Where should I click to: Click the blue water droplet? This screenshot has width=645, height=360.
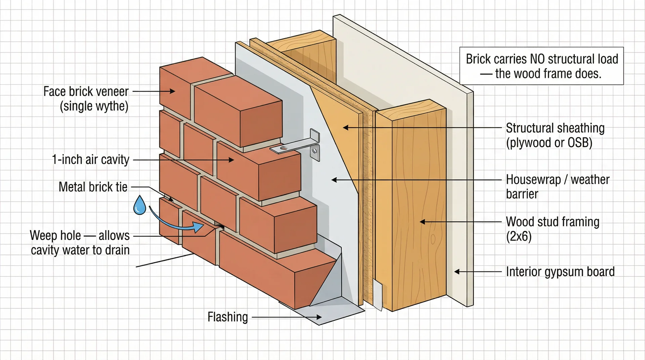pos(139,206)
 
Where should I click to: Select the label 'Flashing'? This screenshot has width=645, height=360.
pos(227,317)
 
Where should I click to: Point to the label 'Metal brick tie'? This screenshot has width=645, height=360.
pos(93,187)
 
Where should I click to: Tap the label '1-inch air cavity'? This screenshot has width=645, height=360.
pos(90,160)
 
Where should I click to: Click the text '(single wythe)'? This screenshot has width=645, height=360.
pos(94,106)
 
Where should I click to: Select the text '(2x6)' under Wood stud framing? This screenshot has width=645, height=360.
pos(519,236)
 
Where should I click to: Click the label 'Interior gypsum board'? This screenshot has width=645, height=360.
pos(560,272)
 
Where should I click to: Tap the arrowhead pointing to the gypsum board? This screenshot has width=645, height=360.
pos(457,272)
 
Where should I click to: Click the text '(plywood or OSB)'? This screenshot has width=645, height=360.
pos(549,143)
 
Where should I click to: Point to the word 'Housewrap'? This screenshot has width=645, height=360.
pos(533,180)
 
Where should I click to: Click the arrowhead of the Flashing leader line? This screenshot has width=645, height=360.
pos(318,317)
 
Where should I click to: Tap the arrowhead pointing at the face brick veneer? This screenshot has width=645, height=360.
pos(172,91)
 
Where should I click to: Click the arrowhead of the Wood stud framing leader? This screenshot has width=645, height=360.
pos(423,222)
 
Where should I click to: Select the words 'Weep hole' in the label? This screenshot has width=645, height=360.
pos(55,235)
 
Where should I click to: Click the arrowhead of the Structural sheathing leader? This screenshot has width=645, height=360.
pos(345,128)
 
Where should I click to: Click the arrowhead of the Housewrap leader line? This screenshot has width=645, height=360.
pos(334,180)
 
